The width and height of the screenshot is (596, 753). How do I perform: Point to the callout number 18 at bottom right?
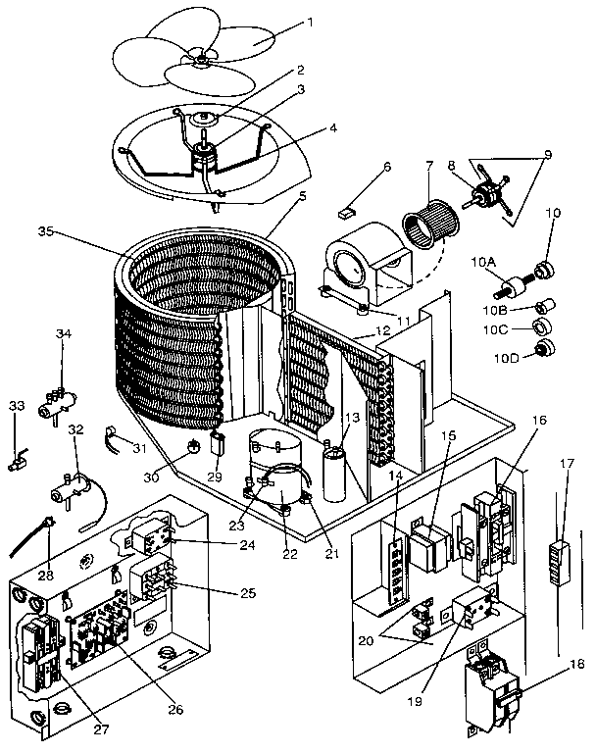coord(576,664)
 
